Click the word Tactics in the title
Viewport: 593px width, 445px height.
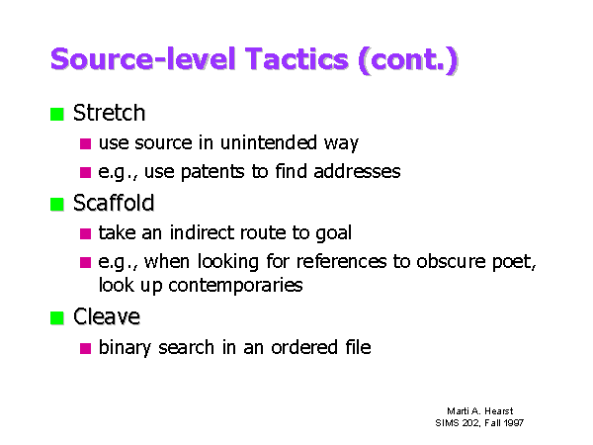point(296,58)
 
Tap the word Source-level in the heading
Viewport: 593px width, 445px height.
point(143,58)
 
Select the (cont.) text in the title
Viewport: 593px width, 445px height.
point(407,60)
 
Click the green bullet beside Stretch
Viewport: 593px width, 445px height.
point(57,115)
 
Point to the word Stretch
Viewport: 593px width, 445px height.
point(109,113)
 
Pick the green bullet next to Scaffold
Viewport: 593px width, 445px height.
point(57,205)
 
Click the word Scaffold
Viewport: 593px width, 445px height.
point(114,203)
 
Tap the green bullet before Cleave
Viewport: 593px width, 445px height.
point(57,317)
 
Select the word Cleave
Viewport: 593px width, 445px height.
point(107,316)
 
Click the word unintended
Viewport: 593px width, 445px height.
point(269,142)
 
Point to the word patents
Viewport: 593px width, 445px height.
point(212,172)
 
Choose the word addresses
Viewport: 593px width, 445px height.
point(357,171)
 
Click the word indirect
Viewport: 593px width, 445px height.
point(202,232)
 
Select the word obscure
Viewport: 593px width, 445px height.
point(451,261)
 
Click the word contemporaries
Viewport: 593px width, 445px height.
point(235,286)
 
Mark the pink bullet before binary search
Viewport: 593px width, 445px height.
point(85,348)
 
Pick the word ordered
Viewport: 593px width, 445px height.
point(304,347)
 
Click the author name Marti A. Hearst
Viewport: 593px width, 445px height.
point(480,411)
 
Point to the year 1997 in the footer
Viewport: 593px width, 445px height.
point(514,422)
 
